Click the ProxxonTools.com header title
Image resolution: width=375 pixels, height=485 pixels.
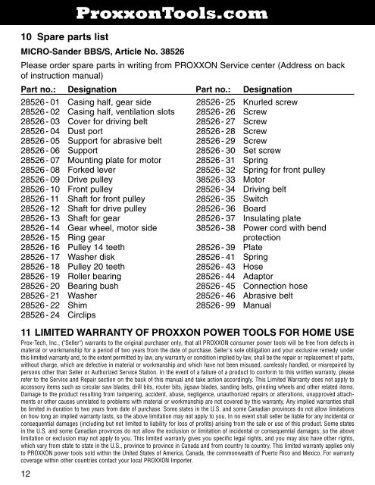click(187, 11)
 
